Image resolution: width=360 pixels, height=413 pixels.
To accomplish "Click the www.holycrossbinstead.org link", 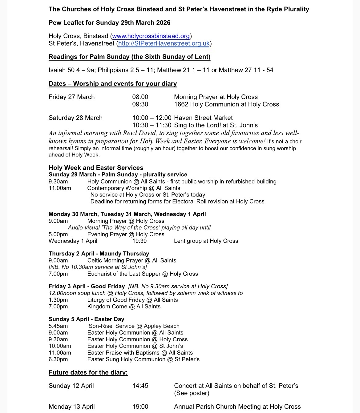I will pos(151,36).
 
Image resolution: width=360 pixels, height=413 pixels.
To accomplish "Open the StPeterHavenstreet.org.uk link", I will pos(164,43).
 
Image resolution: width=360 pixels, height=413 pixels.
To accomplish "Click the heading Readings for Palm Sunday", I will pos(129,57).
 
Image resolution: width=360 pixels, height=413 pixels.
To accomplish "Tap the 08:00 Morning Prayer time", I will pos(140,97).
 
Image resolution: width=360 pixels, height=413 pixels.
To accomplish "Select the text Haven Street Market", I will pos(203,118).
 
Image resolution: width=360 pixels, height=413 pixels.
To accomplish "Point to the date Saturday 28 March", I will pos(75,118).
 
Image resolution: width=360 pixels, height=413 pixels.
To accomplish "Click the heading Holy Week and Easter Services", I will pos(96,168).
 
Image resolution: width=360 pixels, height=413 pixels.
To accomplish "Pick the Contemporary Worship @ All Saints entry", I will pos(134,188).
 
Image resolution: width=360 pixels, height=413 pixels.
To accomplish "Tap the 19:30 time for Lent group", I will pos(140,241).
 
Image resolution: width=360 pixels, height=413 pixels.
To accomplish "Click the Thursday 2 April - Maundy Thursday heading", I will pos(99,254).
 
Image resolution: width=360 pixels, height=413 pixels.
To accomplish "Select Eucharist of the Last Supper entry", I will pos(143,274).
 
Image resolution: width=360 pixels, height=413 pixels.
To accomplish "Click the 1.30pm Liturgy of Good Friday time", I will pos(58,300).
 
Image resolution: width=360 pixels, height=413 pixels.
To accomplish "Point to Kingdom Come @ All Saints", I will pos(124,307).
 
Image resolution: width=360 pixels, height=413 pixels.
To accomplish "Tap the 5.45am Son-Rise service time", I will pos(58,326).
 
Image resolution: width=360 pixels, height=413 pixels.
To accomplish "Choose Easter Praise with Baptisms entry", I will pos(140,353).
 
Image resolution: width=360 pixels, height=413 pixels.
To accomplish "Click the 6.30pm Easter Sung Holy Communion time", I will pos(58,359).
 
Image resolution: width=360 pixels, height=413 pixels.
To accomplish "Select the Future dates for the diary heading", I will pos(88,373).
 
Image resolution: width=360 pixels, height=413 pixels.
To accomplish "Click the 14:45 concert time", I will pos(140,386).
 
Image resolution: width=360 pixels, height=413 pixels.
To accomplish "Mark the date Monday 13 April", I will pos(71,407).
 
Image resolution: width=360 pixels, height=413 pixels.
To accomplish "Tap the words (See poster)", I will pos(192,393).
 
